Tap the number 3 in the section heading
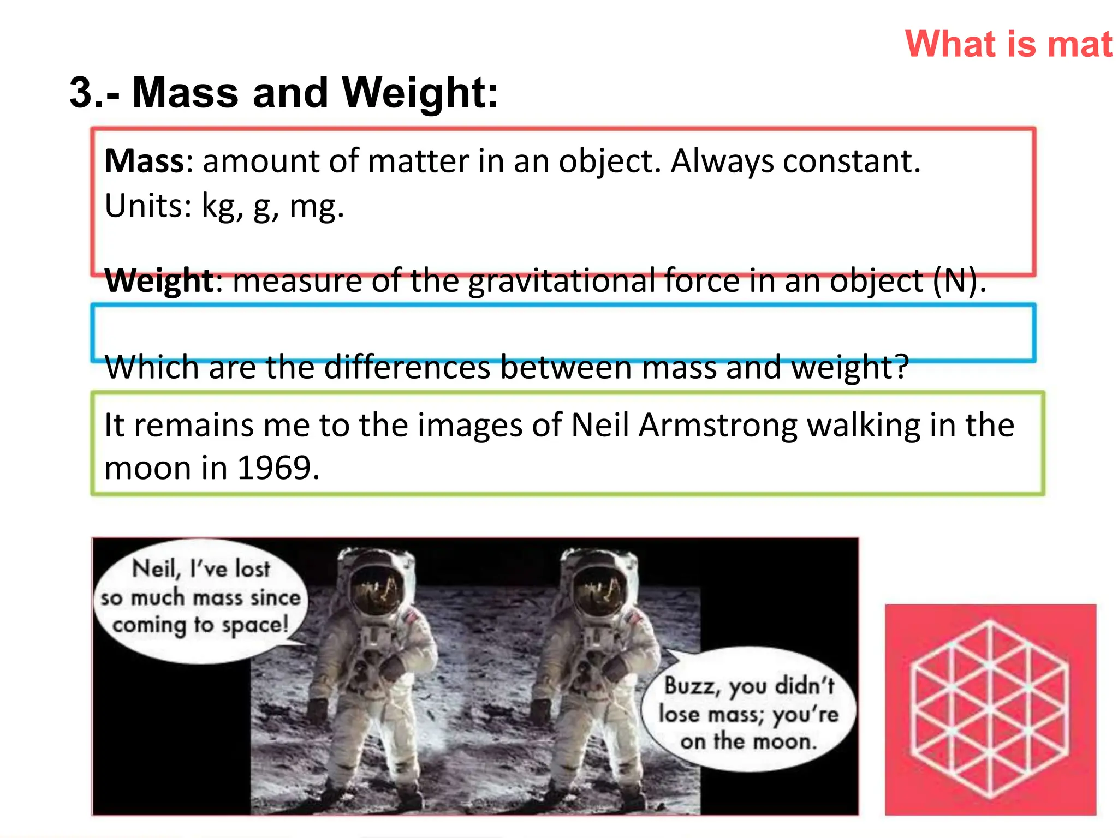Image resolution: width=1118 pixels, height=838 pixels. [x=82, y=93]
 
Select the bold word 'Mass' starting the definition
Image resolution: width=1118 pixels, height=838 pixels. [x=144, y=161]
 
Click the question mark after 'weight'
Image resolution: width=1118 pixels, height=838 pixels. [x=901, y=367]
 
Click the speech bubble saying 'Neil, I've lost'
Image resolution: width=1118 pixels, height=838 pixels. [x=200, y=599]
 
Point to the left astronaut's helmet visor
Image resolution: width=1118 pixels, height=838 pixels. [x=377, y=592]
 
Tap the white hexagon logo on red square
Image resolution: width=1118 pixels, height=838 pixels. [x=990, y=709]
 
